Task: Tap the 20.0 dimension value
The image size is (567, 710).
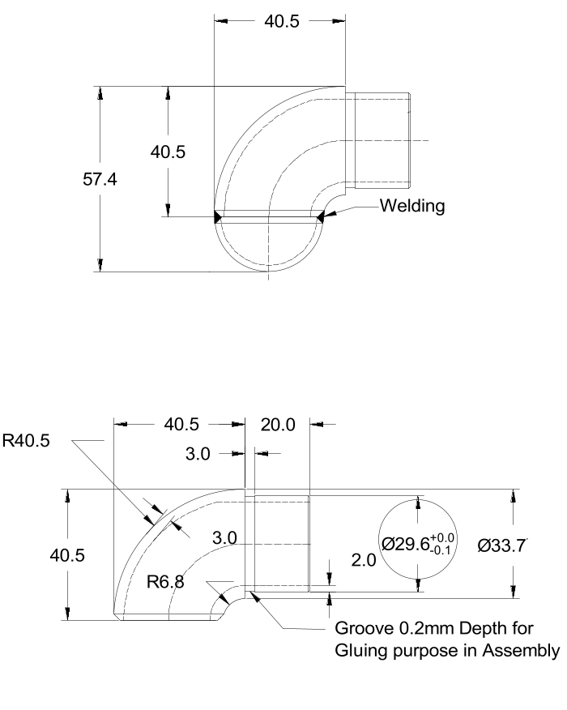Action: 278,423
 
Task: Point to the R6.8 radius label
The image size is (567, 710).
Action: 165,581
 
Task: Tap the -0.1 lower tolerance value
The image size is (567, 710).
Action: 445,551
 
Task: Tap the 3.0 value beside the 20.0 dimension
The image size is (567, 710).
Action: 198,454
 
